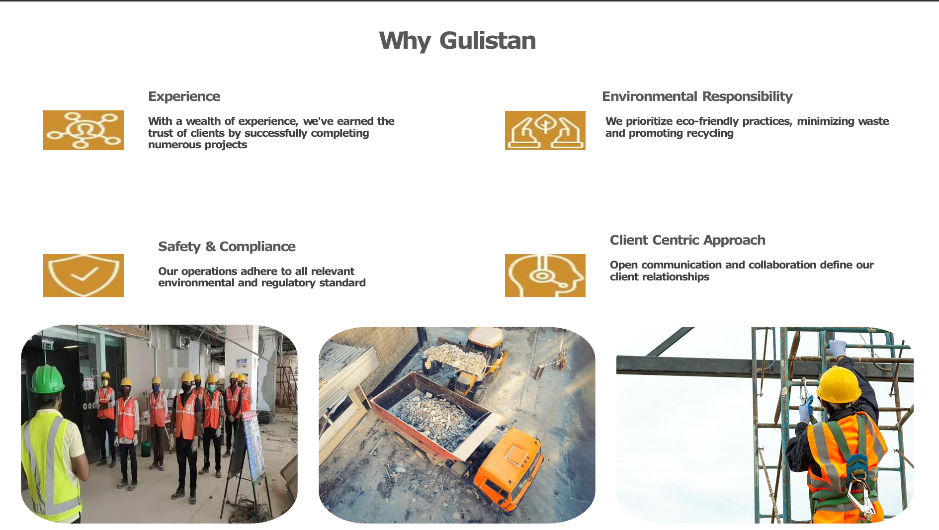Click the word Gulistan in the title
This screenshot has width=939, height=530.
click(x=488, y=41)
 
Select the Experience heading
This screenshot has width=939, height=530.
click(x=184, y=96)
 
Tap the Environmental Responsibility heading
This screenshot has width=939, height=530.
click(x=697, y=96)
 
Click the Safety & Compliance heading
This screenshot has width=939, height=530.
click(x=227, y=247)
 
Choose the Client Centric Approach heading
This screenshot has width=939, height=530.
click(x=687, y=240)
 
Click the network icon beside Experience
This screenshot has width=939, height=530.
click(x=84, y=130)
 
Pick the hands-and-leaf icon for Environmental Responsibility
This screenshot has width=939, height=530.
click(x=545, y=130)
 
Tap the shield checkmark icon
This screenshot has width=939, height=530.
click(x=84, y=275)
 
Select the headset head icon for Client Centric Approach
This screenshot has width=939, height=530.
click(x=545, y=275)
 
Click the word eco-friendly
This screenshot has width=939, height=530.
click(x=707, y=121)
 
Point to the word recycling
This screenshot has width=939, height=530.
click(x=709, y=133)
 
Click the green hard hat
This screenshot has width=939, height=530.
click(x=47, y=378)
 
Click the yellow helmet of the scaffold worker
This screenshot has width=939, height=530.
click(x=839, y=384)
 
